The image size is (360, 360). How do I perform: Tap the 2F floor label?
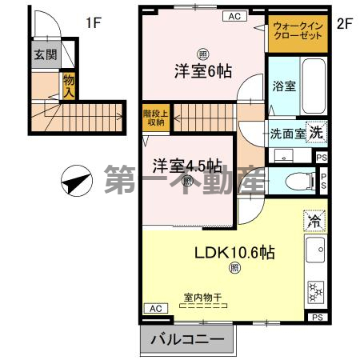click(345, 23)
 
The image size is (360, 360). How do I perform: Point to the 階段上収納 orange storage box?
click(154, 118)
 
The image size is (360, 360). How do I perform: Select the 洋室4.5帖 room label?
click(188, 166)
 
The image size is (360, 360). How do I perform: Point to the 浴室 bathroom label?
click(284, 86)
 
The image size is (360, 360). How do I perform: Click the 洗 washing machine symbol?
click(317, 132)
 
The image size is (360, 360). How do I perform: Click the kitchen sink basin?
click(316, 250)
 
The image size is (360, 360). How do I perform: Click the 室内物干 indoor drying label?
click(203, 297)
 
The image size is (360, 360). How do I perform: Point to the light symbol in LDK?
click(234, 269)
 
